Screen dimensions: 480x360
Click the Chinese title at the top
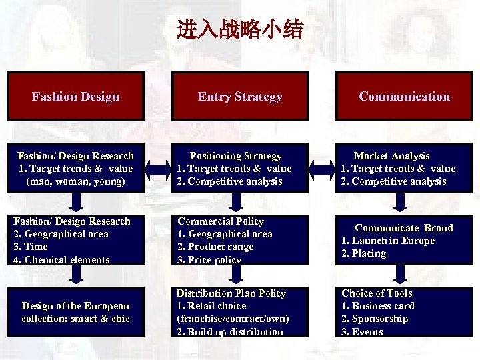click(240, 30)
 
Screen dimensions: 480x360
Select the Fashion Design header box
click(75, 96)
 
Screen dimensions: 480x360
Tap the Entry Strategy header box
click(240, 96)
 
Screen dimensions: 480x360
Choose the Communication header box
click(404, 96)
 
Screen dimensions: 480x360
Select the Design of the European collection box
click(75, 312)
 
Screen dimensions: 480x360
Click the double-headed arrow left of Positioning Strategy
click(158, 167)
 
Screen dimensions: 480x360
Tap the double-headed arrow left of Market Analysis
click(323, 167)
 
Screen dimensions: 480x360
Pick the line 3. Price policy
click(209, 259)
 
